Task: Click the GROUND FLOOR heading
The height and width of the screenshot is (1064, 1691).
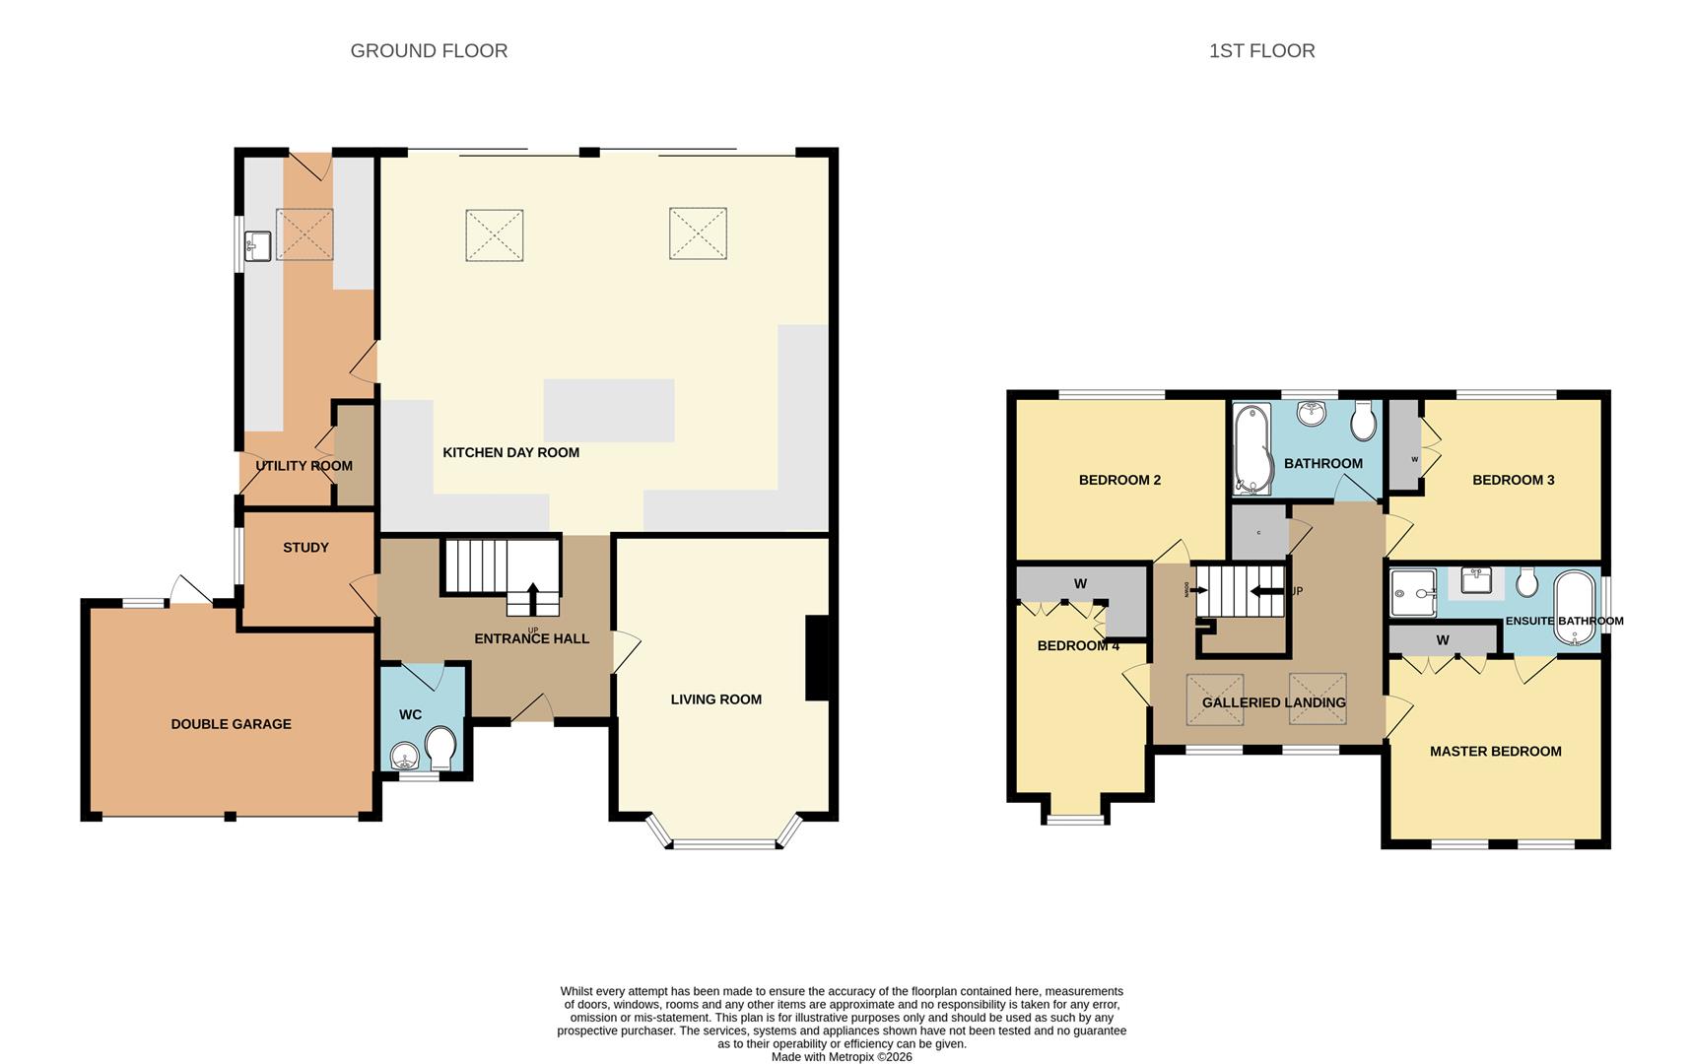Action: [429, 50]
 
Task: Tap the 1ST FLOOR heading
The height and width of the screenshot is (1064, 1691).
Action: [1261, 50]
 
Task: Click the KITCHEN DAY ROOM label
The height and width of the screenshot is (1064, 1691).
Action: [510, 452]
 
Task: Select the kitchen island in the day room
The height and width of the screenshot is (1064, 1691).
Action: [609, 410]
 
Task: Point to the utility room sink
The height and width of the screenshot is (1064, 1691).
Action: [258, 246]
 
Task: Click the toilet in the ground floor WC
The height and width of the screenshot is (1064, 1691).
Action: [440, 749]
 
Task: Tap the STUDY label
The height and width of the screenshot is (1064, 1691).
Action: [305, 547]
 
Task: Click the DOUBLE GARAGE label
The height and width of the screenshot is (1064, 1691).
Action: [231, 723]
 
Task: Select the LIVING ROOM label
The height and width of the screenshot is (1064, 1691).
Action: [715, 698]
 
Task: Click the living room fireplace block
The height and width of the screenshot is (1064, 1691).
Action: [818, 658]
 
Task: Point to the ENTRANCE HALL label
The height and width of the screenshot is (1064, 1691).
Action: [531, 638]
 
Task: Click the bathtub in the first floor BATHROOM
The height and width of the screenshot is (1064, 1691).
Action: [1252, 448]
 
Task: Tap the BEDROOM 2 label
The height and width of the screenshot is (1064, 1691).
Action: [1119, 480]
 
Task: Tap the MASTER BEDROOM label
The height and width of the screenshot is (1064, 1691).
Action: [1495, 751]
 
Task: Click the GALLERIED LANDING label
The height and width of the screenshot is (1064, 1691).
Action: [1273, 702]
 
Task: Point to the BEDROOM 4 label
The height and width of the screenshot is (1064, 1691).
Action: [1078, 645]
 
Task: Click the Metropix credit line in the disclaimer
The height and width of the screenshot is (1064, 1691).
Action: [842, 1057]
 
